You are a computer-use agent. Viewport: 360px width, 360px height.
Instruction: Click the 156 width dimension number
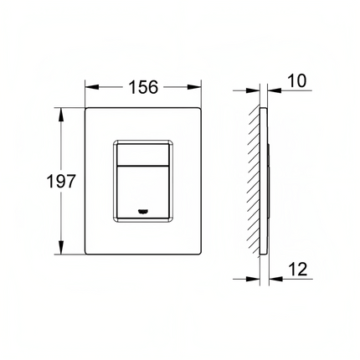[144, 85]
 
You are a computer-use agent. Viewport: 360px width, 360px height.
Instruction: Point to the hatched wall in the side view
[253, 179]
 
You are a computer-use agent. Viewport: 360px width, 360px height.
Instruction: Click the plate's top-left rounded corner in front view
[87, 110]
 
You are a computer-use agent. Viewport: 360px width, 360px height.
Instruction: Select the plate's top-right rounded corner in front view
[201, 110]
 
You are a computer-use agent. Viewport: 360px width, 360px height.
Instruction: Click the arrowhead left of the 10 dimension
[254, 85]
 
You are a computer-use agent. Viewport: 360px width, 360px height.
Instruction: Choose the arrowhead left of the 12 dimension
[254, 278]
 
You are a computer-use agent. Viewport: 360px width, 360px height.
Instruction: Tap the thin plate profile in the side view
[265, 179]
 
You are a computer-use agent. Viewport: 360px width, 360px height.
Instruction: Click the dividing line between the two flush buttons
[144, 162]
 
